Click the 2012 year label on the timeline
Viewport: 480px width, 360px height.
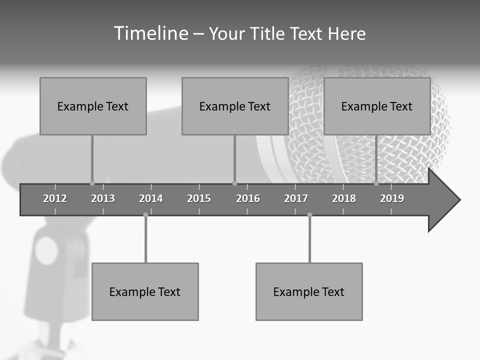(x=55, y=198)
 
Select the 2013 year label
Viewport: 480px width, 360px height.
(x=103, y=198)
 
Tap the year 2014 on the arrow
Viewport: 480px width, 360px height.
(x=151, y=198)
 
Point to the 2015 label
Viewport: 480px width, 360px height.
(x=199, y=198)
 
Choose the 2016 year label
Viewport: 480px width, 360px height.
(x=248, y=198)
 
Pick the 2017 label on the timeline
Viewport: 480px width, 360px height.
(x=296, y=198)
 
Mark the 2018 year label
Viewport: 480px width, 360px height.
(x=344, y=198)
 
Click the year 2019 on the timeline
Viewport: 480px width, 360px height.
(x=392, y=198)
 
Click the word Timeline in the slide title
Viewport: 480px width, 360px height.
(x=150, y=33)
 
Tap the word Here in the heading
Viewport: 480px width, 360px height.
(x=346, y=34)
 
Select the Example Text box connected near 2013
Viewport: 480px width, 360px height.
(x=93, y=106)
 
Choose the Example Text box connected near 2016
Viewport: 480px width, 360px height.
(x=235, y=106)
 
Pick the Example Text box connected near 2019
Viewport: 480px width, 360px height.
(x=377, y=106)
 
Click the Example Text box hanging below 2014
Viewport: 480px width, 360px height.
(x=145, y=291)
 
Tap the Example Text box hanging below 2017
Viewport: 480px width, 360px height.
(x=309, y=291)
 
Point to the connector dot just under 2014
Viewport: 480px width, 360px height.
(x=145, y=215)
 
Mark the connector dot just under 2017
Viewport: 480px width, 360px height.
(x=309, y=215)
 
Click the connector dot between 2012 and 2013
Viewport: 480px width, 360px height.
(x=92, y=183)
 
